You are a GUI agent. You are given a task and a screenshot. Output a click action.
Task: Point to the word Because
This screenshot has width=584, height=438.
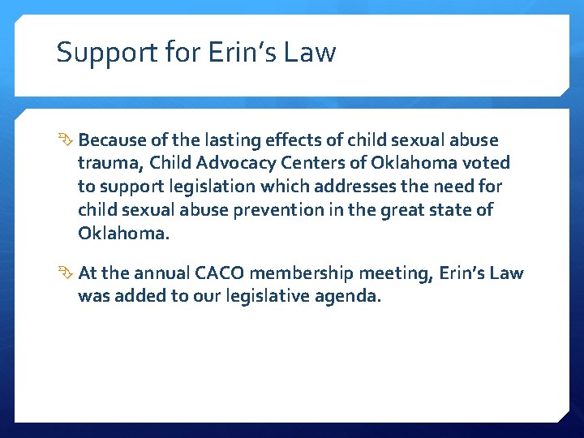[113, 140]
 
